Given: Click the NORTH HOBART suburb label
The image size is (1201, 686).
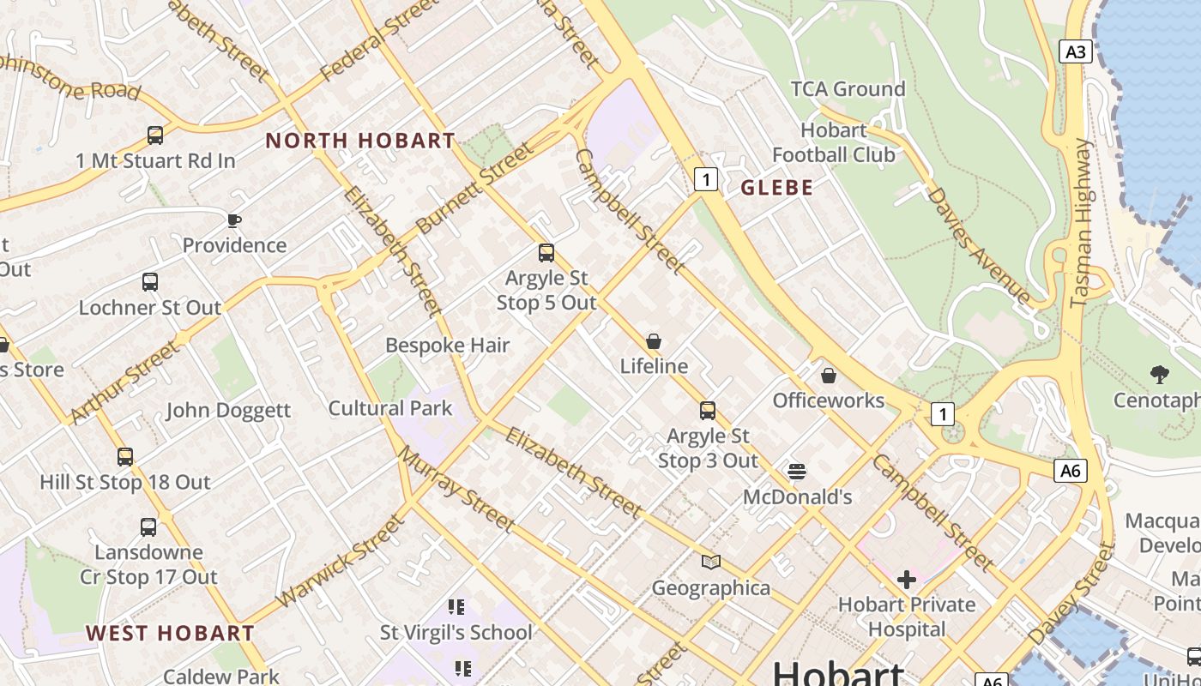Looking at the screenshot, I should tap(360, 141).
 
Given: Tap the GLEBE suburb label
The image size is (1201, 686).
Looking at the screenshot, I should tap(776, 188).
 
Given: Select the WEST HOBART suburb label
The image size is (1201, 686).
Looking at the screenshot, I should tap(170, 634).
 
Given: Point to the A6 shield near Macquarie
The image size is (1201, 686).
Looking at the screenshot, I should tap(1070, 470).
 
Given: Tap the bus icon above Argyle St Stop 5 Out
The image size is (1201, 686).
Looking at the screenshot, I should tap(546, 253).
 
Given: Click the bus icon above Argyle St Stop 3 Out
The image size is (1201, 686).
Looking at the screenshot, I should tap(708, 411).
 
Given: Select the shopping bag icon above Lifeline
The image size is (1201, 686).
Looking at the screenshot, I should tap(654, 341).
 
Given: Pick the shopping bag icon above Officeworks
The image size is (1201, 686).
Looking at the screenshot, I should tap(829, 376).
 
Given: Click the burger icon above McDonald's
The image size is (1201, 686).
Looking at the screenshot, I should tap(797, 472).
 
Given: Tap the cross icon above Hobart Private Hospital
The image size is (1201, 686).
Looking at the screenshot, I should tap(906, 580).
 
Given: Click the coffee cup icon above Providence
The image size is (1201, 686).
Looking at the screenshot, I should tap(234, 220).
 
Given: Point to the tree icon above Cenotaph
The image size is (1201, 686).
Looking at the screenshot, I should tap(1160, 375).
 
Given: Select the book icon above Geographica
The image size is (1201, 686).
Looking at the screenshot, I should tap(711, 563).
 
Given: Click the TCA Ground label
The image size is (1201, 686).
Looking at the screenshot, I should tap(848, 89).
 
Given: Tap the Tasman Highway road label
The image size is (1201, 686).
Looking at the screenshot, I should tap(1083, 223).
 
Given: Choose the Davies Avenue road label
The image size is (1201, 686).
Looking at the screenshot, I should tap(978, 245).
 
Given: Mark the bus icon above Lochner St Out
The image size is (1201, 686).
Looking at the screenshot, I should tap(150, 282).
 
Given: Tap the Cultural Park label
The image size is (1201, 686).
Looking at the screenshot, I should tap(390, 408).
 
